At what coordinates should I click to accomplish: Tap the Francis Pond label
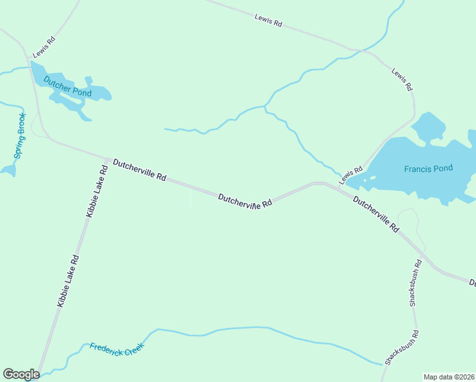428,169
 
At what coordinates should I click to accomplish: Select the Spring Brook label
20,136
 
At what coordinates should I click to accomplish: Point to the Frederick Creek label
117,349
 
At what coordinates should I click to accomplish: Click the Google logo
21,374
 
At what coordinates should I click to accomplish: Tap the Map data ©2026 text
449,377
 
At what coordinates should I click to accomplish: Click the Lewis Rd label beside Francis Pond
351,175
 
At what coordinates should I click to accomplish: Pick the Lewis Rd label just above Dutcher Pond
45,48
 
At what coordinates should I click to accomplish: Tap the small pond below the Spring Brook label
8,170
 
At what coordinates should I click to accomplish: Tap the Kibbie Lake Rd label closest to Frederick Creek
67,281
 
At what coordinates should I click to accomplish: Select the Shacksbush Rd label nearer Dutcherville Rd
414,283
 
